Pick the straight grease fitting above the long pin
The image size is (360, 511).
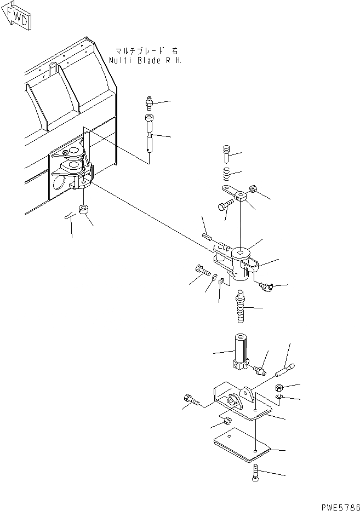click(x=148, y=103)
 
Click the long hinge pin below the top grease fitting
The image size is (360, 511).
click(x=149, y=134)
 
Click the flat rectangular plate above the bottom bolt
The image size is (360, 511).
click(x=242, y=444)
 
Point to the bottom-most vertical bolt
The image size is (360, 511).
click(x=255, y=472)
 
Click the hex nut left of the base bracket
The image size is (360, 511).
click(x=226, y=422)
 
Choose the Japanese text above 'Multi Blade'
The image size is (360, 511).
click(x=143, y=49)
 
